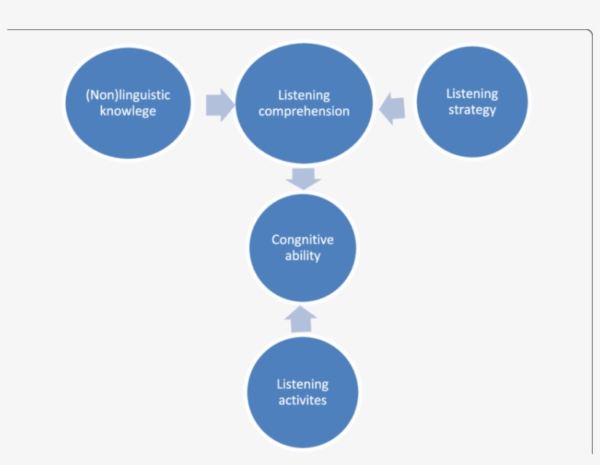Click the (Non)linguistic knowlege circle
point(128,103)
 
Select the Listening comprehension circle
point(304,103)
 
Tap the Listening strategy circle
point(472,102)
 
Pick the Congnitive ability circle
point(303,248)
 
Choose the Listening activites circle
point(303,392)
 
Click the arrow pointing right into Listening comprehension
point(219,105)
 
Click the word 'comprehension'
point(304,111)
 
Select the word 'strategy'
point(472,110)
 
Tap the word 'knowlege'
point(128,111)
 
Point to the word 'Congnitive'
point(303,239)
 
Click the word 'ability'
point(303,256)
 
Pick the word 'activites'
point(303,401)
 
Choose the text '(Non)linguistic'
point(128,95)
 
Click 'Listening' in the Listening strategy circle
point(472,94)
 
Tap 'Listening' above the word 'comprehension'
point(304,95)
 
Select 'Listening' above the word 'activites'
point(303,384)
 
